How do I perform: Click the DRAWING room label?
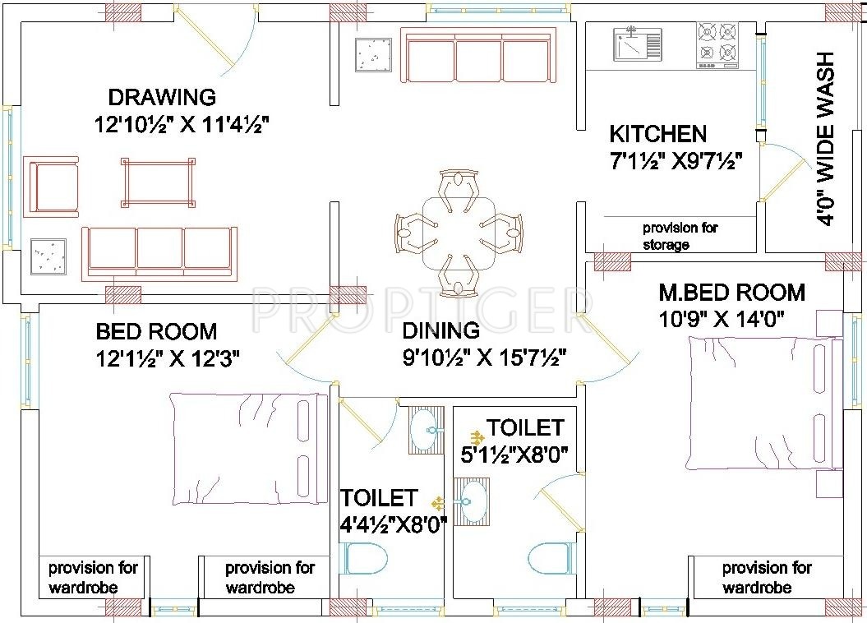pyautogui.click(x=161, y=97)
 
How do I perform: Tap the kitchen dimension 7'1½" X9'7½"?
pyautogui.click(x=676, y=161)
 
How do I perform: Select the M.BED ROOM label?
pyautogui.click(x=732, y=293)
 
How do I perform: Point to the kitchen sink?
pyautogui.click(x=636, y=43)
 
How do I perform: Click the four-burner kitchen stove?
pyautogui.click(x=717, y=45)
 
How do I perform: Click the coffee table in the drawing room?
pyautogui.click(x=158, y=182)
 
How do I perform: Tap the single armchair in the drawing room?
pyautogui.click(x=51, y=187)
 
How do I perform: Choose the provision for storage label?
pyautogui.click(x=680, y=236)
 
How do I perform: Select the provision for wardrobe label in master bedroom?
pyautogui.click(x=767, y=577)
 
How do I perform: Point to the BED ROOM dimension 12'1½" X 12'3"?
pyautogui.click(x=168, y=359)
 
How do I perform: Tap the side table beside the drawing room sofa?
pyautogui.click(x=48, y=256)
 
